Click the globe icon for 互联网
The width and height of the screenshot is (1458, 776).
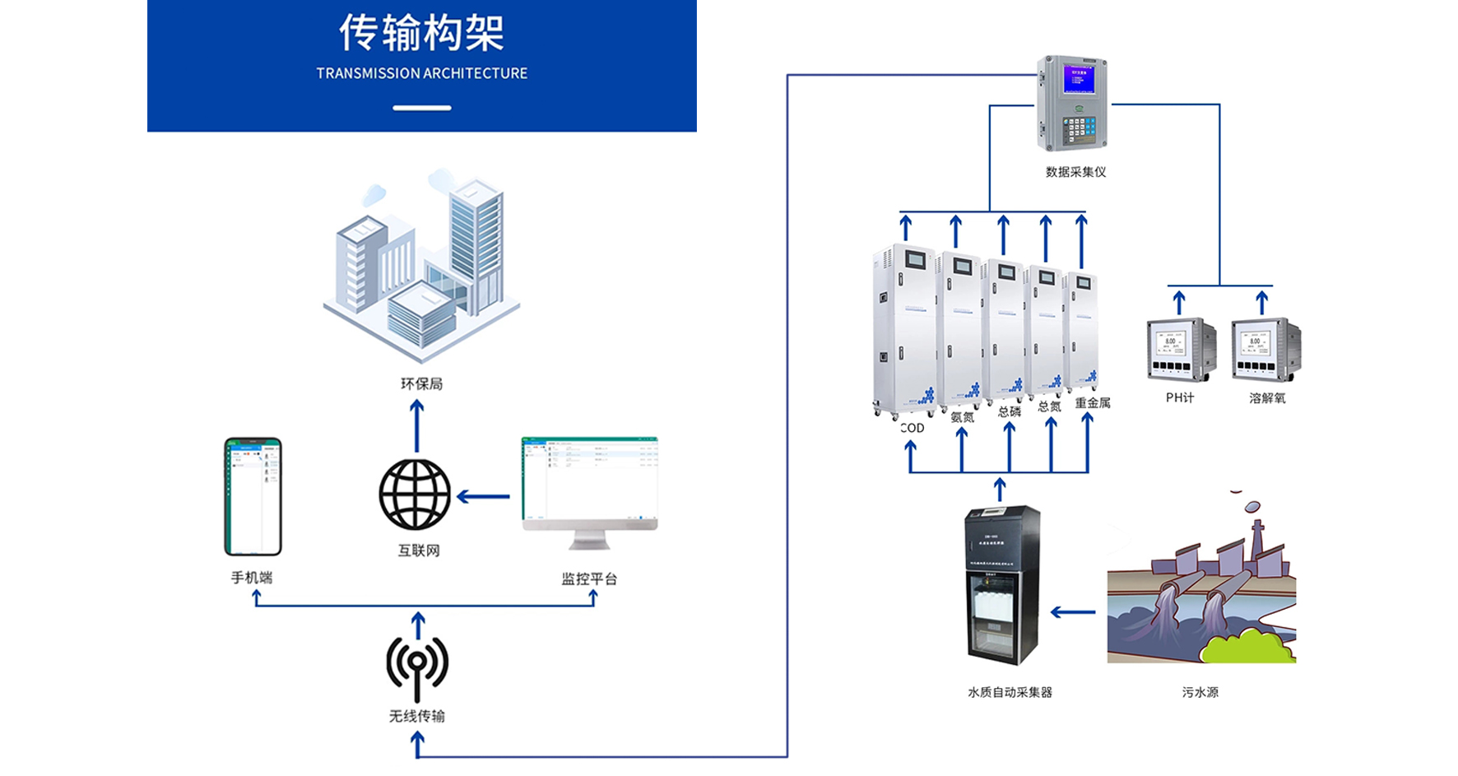coord(415,495)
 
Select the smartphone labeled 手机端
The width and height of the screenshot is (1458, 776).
coord(253,496)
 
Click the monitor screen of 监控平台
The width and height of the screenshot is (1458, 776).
coord(589,481)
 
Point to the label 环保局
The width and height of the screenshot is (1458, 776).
coord(421,384)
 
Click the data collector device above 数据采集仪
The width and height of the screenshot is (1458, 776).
coord(1071,104)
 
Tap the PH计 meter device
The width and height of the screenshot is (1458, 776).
coord(1181,349)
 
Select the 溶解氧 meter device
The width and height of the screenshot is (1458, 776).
coord(1265,349)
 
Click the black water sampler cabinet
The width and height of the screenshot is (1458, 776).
coord(1002,584)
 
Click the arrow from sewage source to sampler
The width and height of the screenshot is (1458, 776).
coord(1073,612)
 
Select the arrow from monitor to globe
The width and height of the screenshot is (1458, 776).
coord(483,496)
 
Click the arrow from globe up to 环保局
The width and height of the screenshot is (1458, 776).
coord(417,425)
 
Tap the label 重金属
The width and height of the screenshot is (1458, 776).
coord(1093,403)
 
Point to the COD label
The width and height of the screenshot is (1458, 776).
coord(912,428)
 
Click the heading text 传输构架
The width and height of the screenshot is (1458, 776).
coord(421,34)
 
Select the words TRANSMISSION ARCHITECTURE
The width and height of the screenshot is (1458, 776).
coord(421,73)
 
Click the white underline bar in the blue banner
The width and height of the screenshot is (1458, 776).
coord(421,108)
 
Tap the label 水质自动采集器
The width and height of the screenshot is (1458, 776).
coord(1010,693)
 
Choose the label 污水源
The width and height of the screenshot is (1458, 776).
coord(1200,693)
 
